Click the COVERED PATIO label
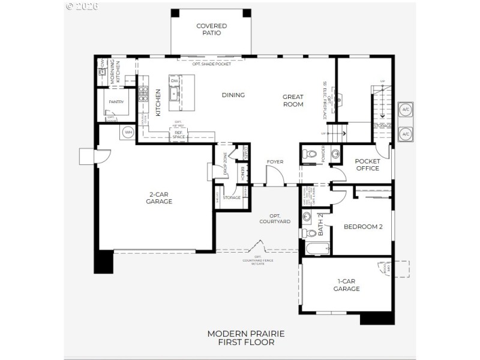211,29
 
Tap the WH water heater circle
128,132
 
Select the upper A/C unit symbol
406,110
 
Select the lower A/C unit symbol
406,133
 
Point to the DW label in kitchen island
174,81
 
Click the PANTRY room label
116,102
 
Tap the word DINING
233,95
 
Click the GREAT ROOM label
293,100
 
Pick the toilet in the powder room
309,154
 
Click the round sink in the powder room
335,154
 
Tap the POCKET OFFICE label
367,164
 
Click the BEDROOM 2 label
362,226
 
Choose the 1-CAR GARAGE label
346,284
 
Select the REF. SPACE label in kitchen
179,135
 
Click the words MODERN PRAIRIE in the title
245,333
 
